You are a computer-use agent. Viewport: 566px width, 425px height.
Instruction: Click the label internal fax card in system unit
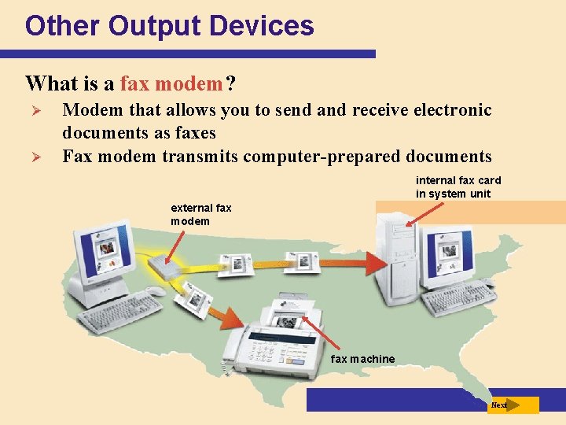point(458,187)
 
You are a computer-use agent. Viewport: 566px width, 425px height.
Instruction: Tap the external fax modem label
point(201,215)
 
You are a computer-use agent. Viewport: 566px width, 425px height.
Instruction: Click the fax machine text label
point(363,359)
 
